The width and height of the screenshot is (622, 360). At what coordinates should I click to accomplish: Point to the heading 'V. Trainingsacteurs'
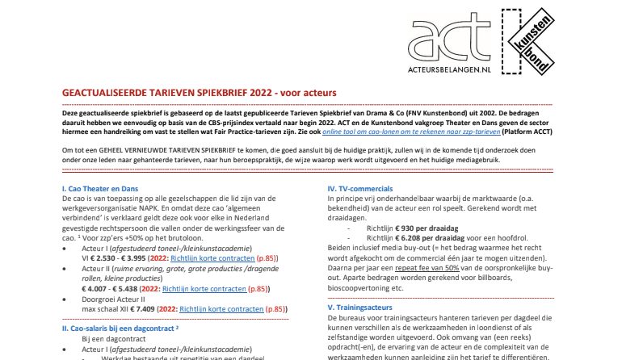tap(359, 308)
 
